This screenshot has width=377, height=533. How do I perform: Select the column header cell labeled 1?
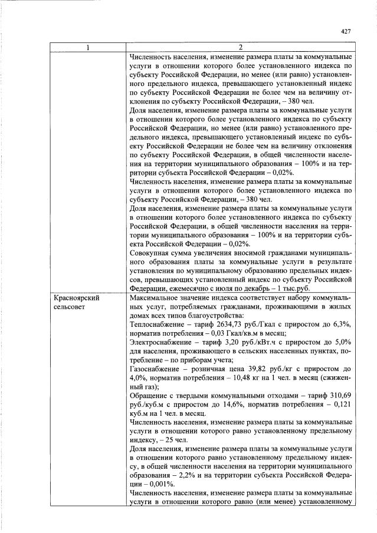coord(88,47)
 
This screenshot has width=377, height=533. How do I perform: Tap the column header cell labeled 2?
coord(240,47)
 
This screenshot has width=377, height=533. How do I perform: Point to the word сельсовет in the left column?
coord(70,308)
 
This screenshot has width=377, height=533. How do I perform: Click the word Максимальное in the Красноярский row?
coord(156,298)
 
